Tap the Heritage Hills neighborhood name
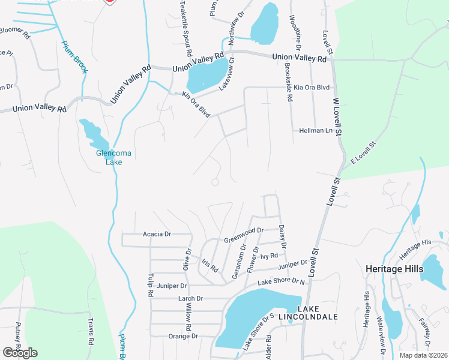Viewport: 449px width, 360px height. tap(394, 269)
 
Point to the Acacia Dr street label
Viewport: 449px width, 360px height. tap(157, 234)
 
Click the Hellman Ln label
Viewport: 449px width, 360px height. tap(315, 130)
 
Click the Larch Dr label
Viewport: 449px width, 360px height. tap(191, 298)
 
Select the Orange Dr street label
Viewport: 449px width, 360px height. tap(183, 336)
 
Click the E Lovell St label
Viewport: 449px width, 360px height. tap(364, 154)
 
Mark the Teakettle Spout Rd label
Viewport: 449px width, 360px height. tap(186, 29)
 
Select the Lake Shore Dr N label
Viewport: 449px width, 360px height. tap(282, 281)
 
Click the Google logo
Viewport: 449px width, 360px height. tap(20, 353)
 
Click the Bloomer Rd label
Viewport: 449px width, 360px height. tap(13, 31)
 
